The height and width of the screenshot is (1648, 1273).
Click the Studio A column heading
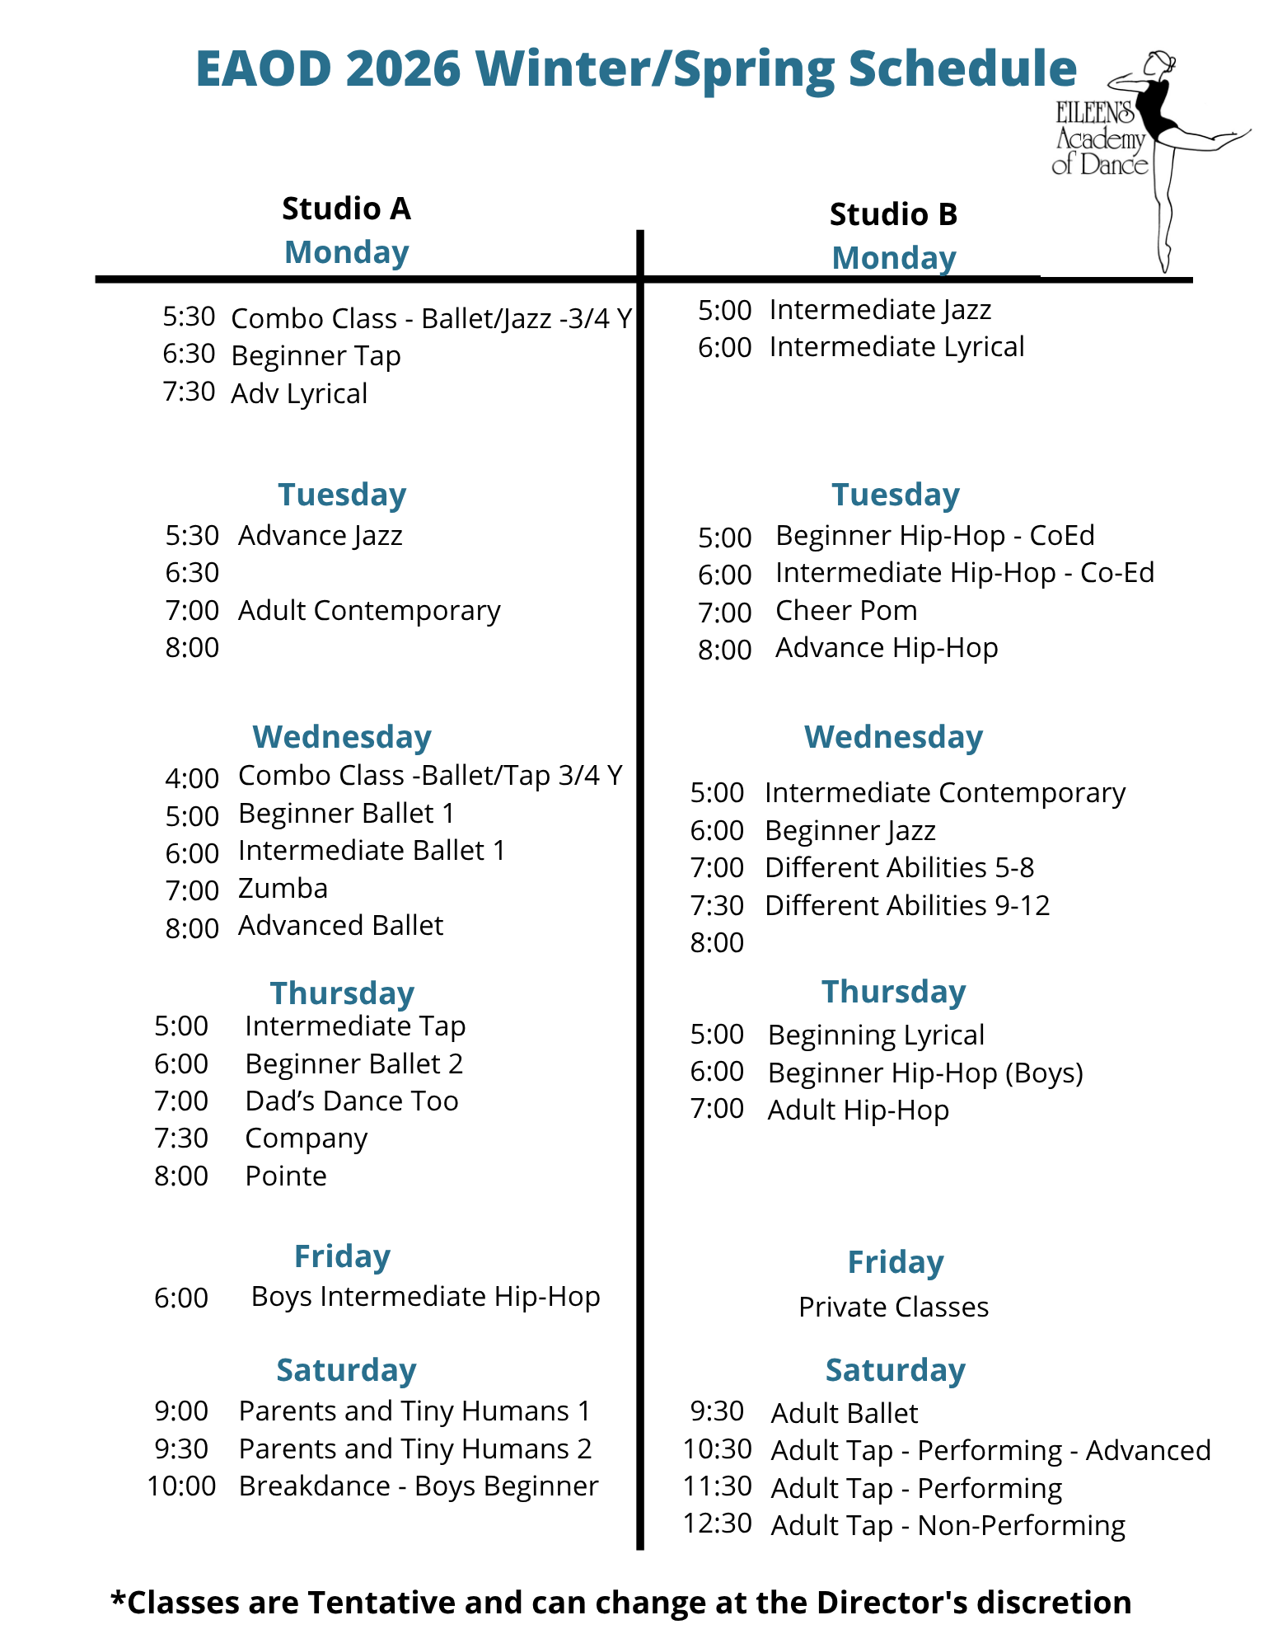[346, 209]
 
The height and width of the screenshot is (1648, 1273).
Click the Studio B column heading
[893, 214]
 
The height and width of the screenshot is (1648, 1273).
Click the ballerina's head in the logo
[1162, 62]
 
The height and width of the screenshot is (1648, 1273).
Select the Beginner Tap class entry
[316, 356]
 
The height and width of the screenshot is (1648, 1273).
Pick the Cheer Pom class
[846, 611]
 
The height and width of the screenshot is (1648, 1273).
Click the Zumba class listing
[283, 889]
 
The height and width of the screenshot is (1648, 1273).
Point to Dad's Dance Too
[351, 1101]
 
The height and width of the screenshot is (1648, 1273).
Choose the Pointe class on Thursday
[286, 1176]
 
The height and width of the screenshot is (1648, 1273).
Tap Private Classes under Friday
[893, 1308]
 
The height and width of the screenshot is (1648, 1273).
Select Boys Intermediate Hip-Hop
[425, 1297]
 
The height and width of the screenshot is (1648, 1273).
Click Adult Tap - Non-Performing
[948, 1526]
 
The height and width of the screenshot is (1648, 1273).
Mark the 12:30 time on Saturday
[717, 1524]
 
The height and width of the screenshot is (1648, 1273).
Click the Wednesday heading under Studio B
[893, 737]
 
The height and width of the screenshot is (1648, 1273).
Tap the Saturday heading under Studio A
[346, 1370]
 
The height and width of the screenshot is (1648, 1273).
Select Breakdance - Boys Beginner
[418, 1486]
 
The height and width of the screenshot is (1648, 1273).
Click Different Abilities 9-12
[907, 906]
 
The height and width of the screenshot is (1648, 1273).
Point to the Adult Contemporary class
[369, 611]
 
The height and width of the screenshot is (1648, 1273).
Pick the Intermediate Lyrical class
[896, 347]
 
